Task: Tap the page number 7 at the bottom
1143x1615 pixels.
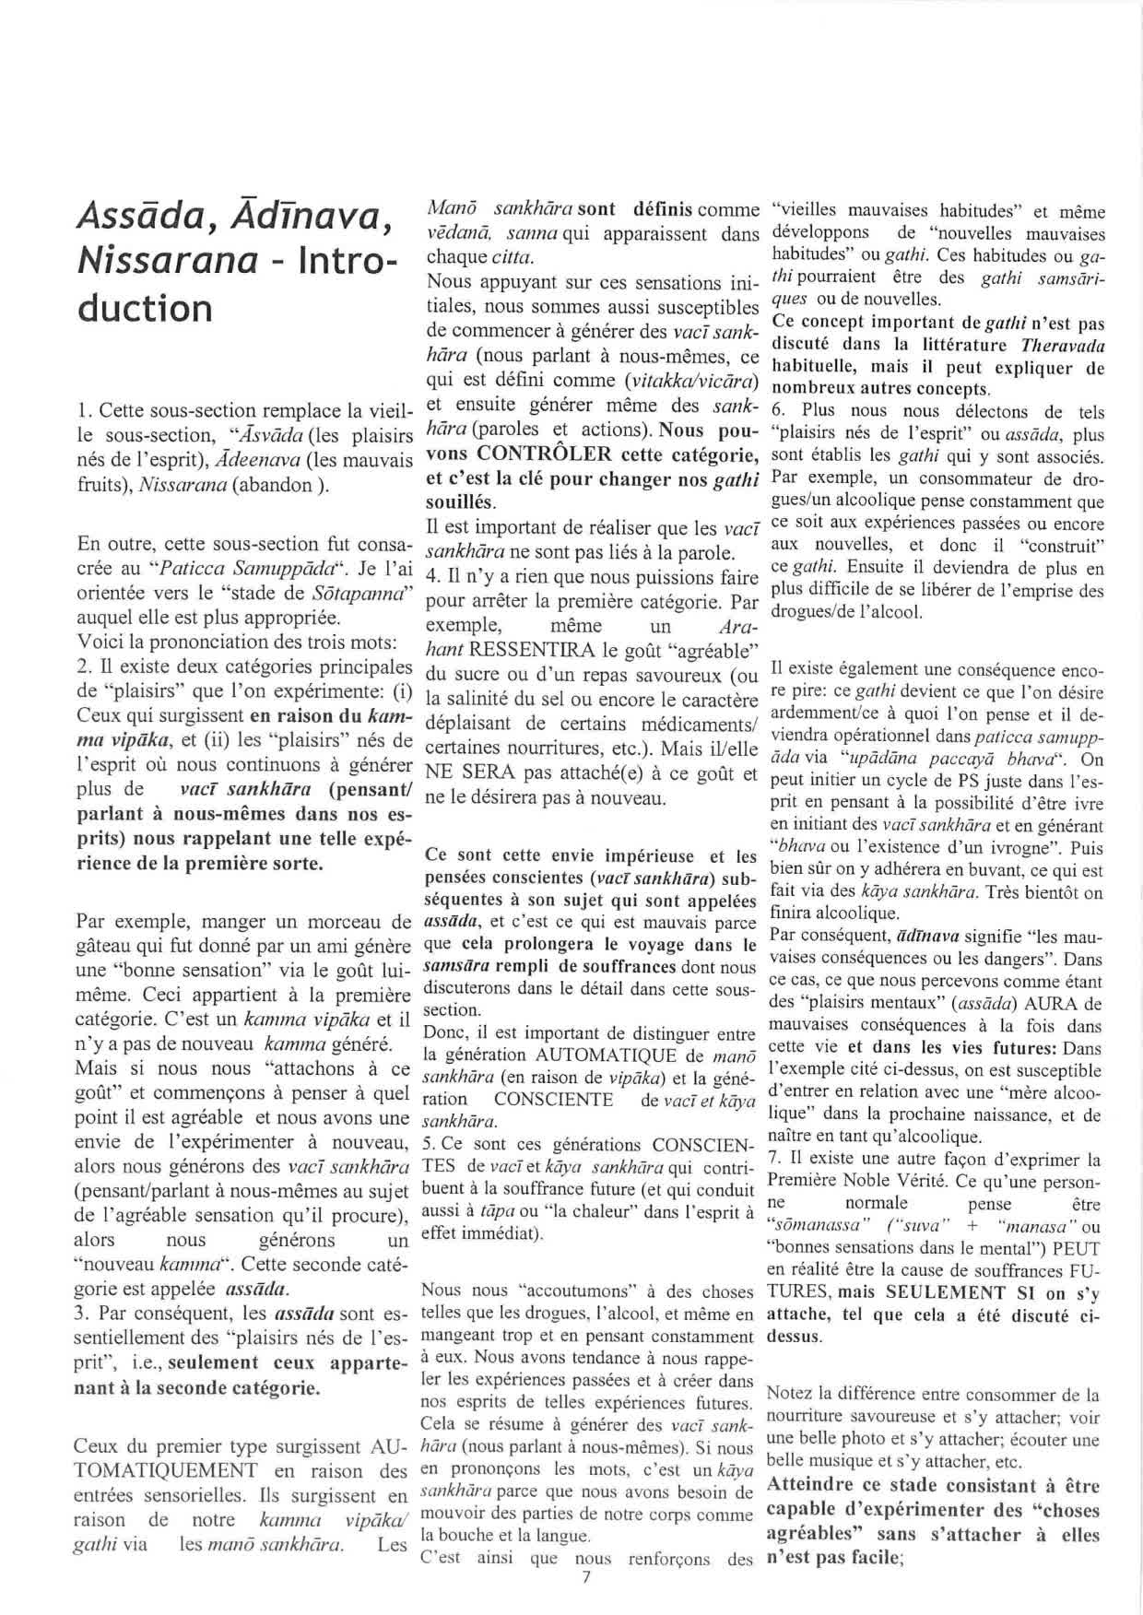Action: (585, 1577)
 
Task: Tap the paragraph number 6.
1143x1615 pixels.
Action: (775, 409)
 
